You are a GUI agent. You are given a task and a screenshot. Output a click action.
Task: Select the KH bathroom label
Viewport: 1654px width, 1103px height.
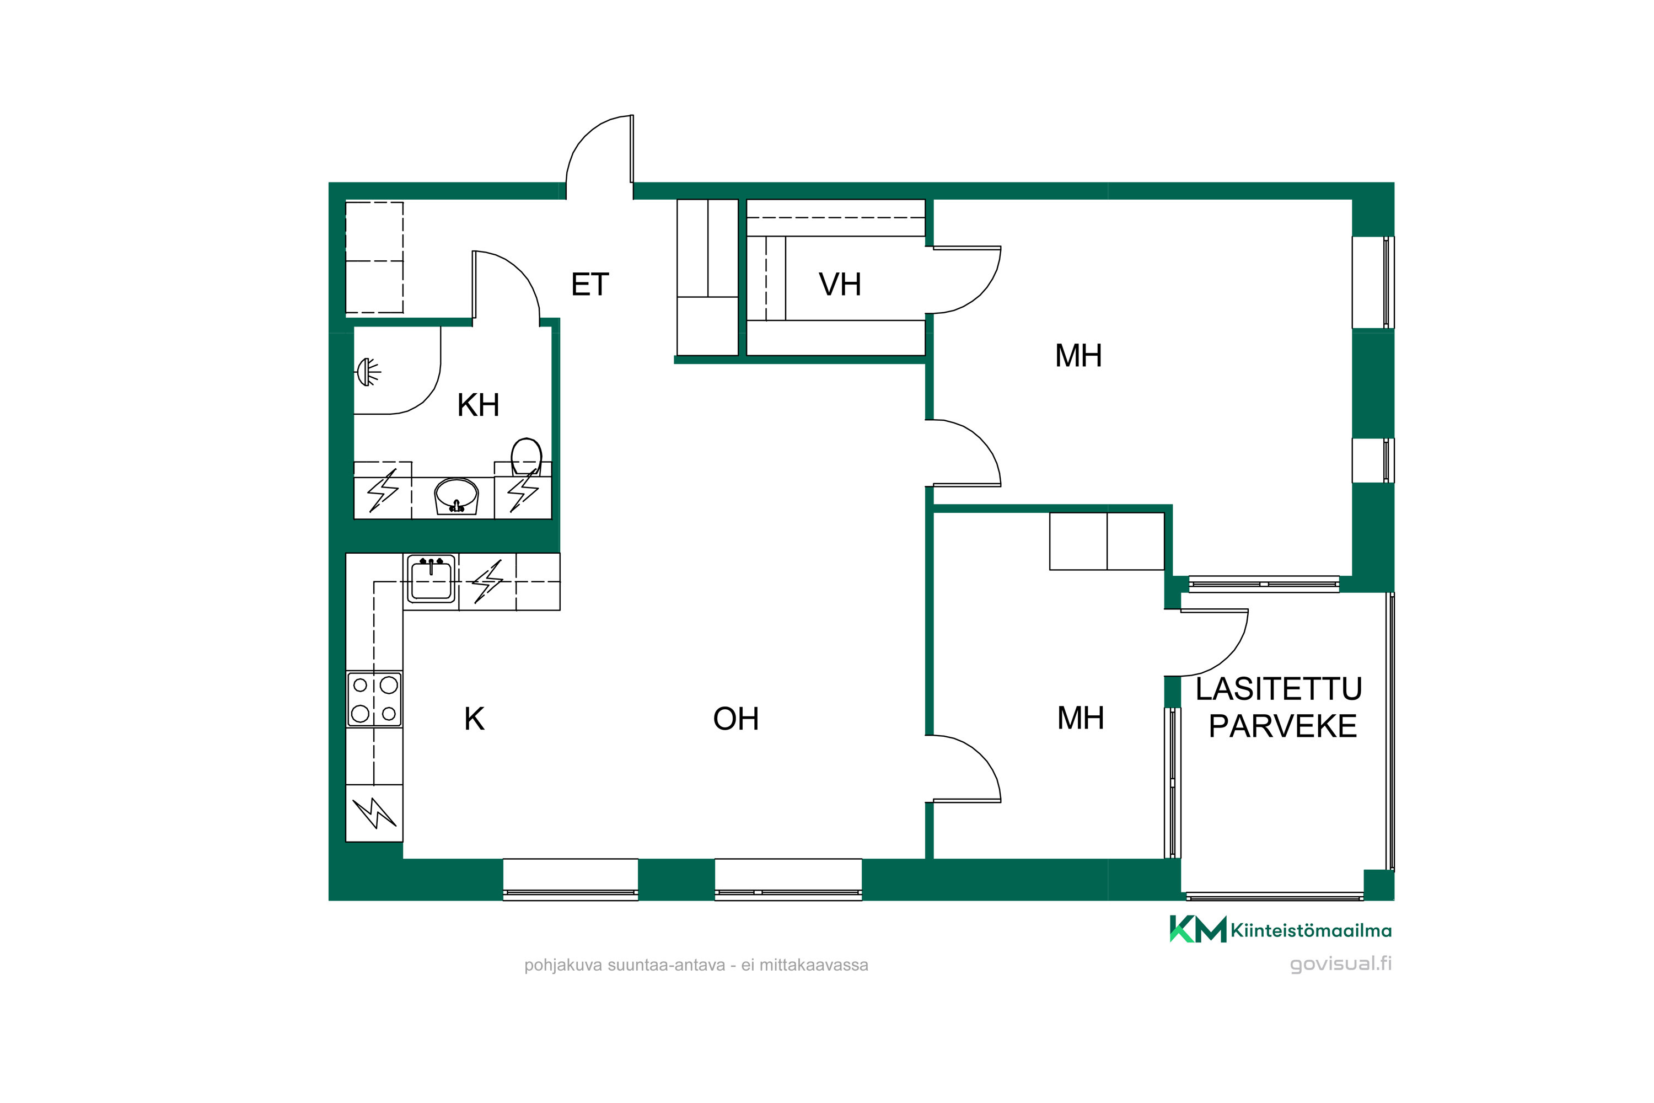(478, 405)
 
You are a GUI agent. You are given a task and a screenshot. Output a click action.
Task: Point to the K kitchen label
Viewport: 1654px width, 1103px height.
(474, 719)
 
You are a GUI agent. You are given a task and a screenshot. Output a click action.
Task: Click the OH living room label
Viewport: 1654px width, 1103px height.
(735, 719)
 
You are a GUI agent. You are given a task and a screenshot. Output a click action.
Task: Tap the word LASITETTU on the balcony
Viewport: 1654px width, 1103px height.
(1279, 689)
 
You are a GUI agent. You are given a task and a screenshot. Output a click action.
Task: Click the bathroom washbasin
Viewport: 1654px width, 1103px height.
(457, 496)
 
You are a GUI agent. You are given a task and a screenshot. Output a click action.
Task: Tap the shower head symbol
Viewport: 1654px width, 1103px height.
(368, 371)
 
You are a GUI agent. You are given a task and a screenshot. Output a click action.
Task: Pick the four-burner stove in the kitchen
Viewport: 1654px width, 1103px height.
(374, 699)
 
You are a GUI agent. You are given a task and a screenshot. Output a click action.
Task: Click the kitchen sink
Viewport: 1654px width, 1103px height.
(431, 578)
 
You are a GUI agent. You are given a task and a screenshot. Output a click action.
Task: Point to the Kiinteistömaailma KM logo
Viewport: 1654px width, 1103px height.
(1197, 929)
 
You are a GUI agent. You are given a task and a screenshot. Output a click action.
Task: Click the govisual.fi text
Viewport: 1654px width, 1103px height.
(1340, 963)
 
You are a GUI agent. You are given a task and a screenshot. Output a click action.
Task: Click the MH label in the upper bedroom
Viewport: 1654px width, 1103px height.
(1078, 356)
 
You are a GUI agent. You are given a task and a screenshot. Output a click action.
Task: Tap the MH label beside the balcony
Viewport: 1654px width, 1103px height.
(1080, 718)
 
